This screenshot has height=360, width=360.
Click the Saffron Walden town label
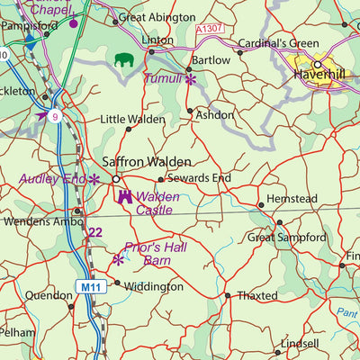click(147, 161)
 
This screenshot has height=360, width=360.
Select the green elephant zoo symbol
click(123, 60)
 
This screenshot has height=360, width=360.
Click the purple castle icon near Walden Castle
click(124, 195)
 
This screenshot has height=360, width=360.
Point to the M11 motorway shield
click(85, 287)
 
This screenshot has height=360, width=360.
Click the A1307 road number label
click(210, 30)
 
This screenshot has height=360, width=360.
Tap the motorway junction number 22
click(95, 233)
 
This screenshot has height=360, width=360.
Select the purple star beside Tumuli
click(191, 80)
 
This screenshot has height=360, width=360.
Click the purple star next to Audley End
click(94, 179)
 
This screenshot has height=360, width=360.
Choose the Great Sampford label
click(286, 238)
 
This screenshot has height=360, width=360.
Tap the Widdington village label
click(154, 286)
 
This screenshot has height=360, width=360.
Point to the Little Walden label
click(132, 119)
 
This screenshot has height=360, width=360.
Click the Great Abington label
click(157, 17)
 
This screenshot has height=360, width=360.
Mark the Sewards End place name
click(199, 178)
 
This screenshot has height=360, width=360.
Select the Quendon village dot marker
click(71, 307)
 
